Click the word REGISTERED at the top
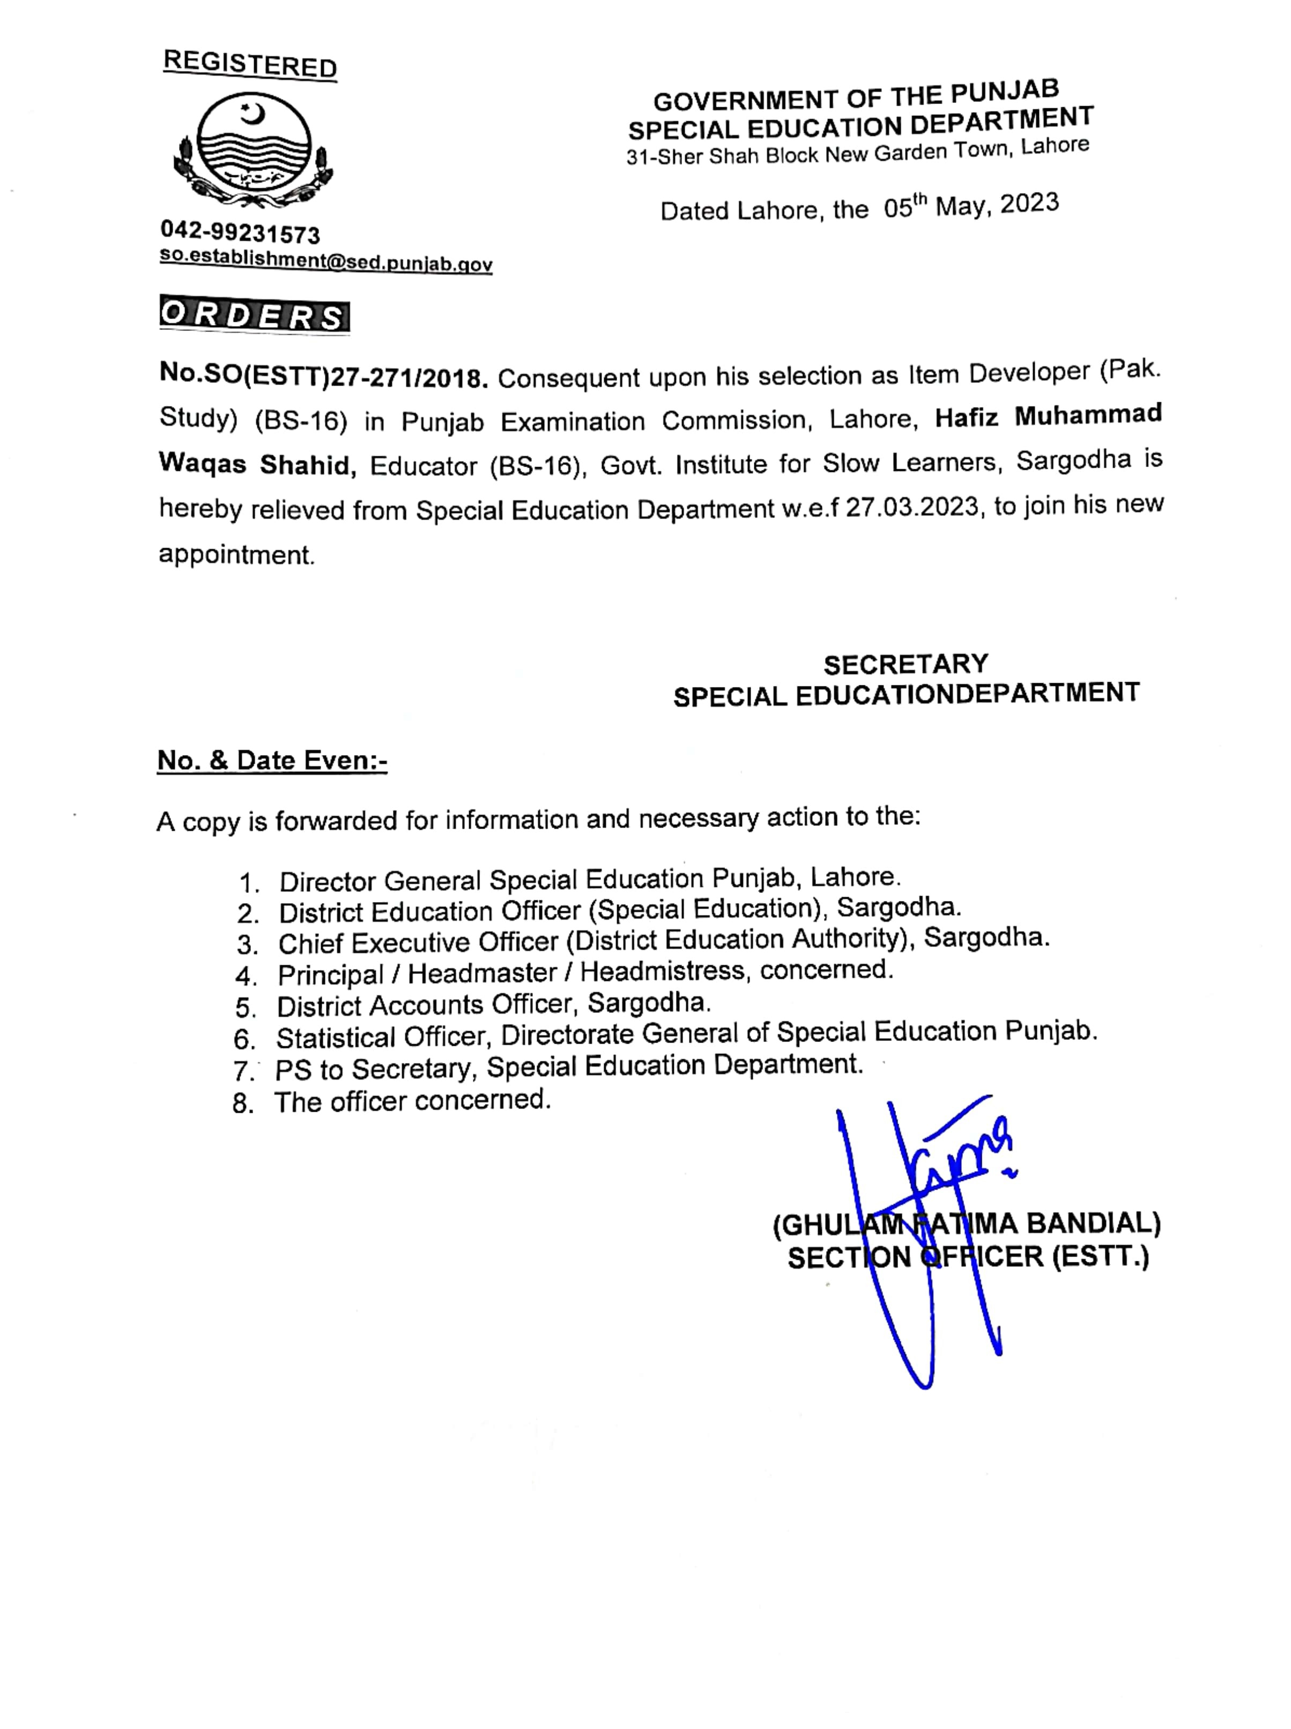[250, 64]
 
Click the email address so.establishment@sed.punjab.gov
[326, 260]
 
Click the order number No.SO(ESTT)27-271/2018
[323, 377]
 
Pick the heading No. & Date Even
[272, 760]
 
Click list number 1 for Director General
[249, 883]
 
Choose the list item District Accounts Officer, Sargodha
[494, 1003]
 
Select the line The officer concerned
[412, 1100]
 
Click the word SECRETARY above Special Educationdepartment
[906, 664]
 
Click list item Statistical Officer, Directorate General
[686, 1035]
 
